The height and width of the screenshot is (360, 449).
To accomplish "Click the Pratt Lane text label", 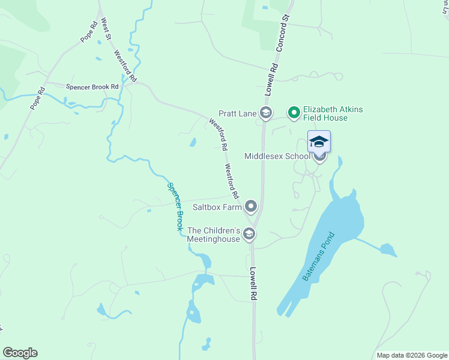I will pyautogui.click(x=237, y=113).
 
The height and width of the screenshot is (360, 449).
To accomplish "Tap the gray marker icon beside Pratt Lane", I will pyautogui.click(x=266, y=113).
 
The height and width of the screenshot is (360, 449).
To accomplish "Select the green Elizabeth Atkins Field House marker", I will pyautogui.click(x=294, y=113).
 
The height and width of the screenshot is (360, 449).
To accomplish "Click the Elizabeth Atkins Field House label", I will pyautogui.click(x=333, y=113).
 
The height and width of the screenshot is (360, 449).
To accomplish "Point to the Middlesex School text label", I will pyautogui.click(x=277, y=156).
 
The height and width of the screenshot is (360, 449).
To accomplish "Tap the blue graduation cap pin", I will pyautogui.click(x=319, y=142).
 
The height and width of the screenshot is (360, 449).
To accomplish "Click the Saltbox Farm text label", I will pyautogui.click(x=217, y=208).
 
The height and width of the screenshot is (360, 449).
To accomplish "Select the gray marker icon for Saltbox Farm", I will pyautogui.click(x=251, y=207).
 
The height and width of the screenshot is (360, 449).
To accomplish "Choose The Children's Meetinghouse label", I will pyautogui.click(x=213, y=235).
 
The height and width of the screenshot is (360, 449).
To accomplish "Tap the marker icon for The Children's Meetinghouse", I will pyautogui.click(x=249, y=234).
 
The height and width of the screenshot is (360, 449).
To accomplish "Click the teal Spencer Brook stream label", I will pyautogui.click(x=175, y=207).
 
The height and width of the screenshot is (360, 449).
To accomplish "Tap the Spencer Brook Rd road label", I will pyautogui.click(x=92, y=86).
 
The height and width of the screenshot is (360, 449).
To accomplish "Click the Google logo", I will pyautogui.click(x=20, y=353).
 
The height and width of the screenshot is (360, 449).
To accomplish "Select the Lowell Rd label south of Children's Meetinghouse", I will pyautogui.click(x=254, y=283).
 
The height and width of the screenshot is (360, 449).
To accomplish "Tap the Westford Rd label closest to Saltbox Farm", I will pyautogui.click(x=232, y=181).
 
